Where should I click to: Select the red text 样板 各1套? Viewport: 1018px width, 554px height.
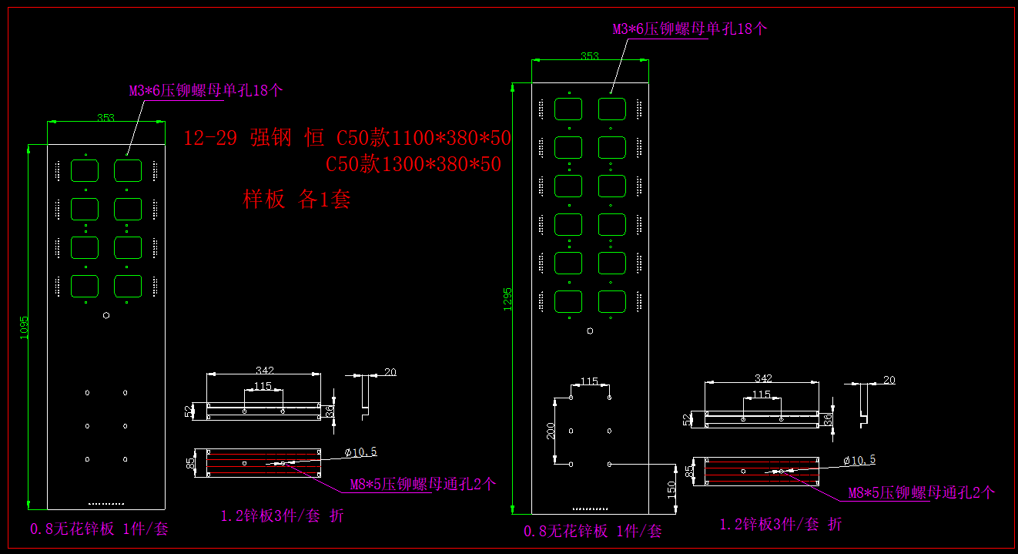click(296, 200)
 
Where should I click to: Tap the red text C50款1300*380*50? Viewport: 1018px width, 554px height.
click(414, 164)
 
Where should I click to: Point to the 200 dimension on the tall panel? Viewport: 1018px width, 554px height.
click(551, 431)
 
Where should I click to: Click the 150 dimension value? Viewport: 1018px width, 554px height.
click(671, 489)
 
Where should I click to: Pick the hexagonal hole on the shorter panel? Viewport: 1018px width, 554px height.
click(105, 314)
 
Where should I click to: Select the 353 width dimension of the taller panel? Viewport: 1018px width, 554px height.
click(589, 56)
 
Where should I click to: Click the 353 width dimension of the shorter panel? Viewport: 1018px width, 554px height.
click(105, 118)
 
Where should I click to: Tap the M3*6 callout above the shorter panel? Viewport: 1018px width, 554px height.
click(206, 90)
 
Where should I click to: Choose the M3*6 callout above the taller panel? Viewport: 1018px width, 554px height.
click(690, 29)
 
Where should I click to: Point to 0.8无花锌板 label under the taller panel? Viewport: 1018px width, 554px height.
click(593, 531)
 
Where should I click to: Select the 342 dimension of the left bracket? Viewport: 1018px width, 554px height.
click(264, 371)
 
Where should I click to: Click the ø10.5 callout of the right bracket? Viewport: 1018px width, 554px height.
click(859, 460)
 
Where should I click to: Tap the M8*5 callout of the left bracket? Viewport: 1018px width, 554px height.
click(423, 485)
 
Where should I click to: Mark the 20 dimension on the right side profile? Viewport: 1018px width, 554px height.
click(889, 380)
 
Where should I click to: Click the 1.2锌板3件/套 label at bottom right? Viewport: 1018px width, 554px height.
click(781, 524)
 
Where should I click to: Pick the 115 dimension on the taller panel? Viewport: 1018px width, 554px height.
click(589, 381)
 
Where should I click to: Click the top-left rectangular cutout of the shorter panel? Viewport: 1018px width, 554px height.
click(85, 170)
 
